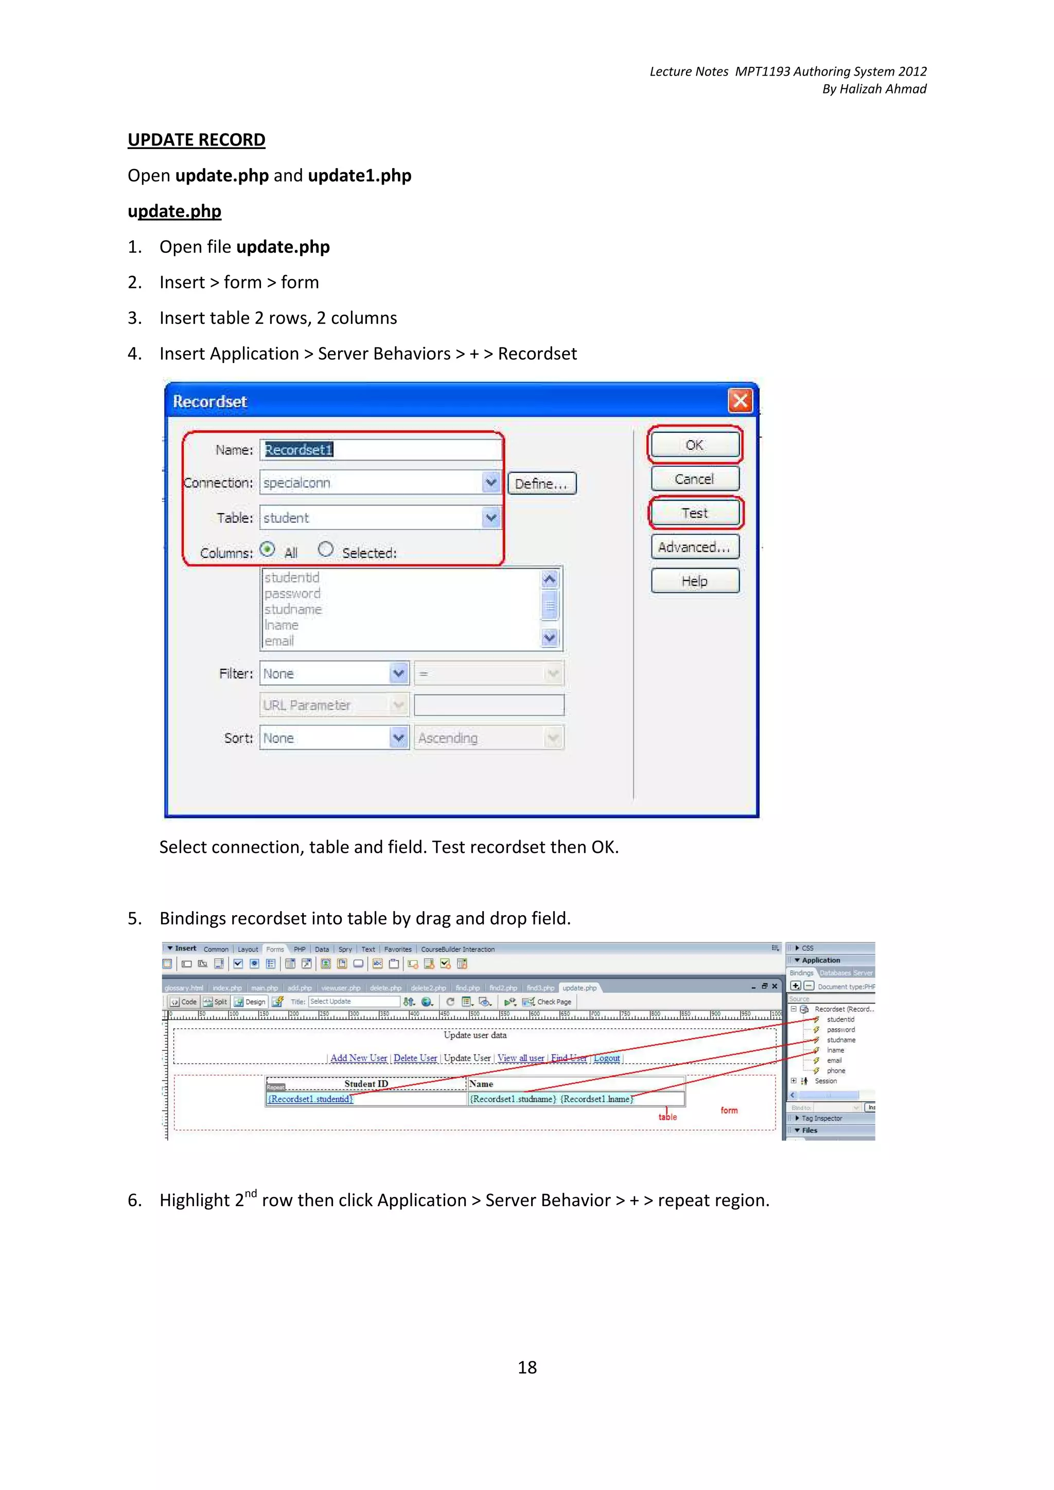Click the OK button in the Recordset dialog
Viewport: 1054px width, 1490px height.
tap(694, 445)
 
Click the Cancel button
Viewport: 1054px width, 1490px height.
tap(694, 479)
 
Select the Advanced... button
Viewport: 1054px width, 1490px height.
tap(694, 547)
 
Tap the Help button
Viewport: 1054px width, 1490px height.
tap(694, 581)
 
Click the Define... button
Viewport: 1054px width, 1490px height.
tap(541, 483)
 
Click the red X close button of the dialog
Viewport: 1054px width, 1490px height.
tap(740, 401)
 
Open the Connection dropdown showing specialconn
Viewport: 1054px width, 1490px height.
tap(491, 482)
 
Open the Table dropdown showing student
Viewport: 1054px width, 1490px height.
tap(491, 517)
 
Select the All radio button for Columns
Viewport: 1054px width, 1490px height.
tap(268, 550)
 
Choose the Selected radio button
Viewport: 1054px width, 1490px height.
tap(325, 550)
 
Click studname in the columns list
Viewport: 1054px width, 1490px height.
tap(293, 609)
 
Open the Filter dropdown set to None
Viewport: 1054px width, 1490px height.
tap(398, 674)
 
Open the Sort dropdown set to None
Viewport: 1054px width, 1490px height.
tap(398, 738)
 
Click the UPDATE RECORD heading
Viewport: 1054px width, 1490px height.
tap(196, 140)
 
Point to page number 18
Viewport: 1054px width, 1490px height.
tap(526, 1367)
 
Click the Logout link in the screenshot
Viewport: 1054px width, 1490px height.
tap(607, 1058)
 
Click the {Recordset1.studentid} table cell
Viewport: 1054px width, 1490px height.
tap(310, 1099)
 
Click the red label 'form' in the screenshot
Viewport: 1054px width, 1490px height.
tap(729, 1111)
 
